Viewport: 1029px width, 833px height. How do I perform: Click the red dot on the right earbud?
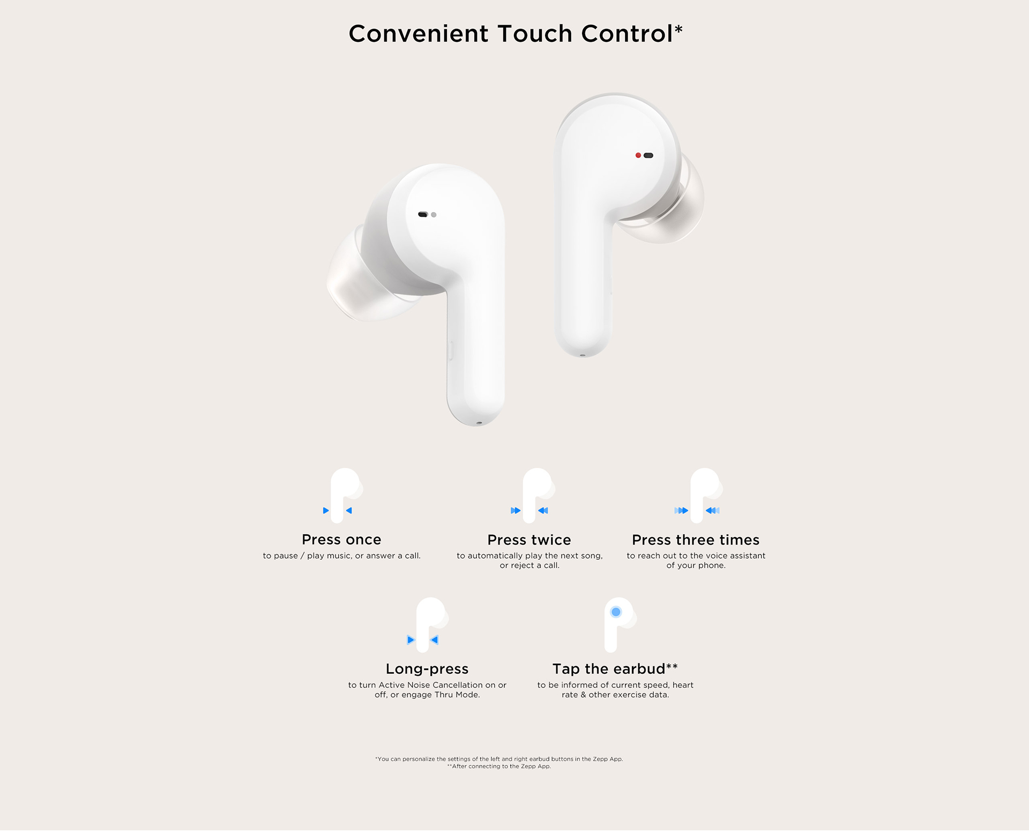[x=638, y=155]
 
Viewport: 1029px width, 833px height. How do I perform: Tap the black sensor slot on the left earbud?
[x=423, y=215]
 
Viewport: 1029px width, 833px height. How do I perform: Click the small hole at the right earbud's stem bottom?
[x=583, y=355]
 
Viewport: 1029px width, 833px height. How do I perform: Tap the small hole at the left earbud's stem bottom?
[x=479, y=423]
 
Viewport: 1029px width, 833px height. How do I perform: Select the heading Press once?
[x=341, y=539]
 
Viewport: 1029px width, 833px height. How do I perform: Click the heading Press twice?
[x=529, y=539]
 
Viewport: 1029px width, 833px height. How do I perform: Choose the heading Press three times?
[x=696, y=539]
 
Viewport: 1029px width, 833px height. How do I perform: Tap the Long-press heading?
[x=427, y=669]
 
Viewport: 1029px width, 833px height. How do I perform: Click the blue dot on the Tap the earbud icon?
[x=616, y=612]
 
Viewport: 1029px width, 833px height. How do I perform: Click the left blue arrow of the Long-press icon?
[x=411, y=640]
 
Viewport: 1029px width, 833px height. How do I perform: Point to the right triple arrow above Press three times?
[x=712, y=511]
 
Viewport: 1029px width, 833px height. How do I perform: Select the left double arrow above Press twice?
[x=516, y=511]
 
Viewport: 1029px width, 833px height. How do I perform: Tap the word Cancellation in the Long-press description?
[x=457, y=685]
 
